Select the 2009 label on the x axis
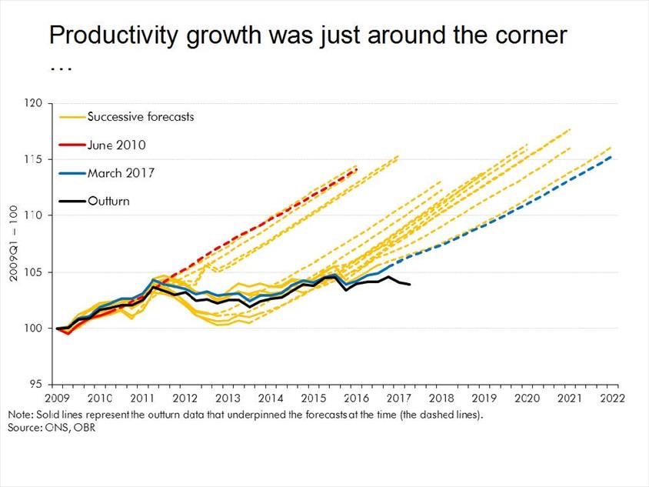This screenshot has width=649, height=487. pyautogui.click(x=58, y=399)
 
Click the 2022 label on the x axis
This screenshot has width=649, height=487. pyautogui.click(x=612, y=399)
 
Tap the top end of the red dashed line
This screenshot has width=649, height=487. pyautogui.click(x=358, y=170)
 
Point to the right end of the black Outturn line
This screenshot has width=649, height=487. pyautogui.click(x=410, y=285)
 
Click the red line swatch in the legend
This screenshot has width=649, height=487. pyautogui.click(x=72, y=145)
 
